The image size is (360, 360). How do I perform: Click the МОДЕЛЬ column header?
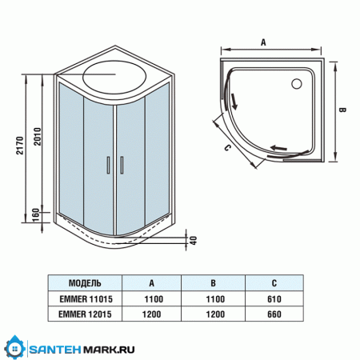tap(85, 282)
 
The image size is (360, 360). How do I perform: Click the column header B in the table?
tap(213, 282)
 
